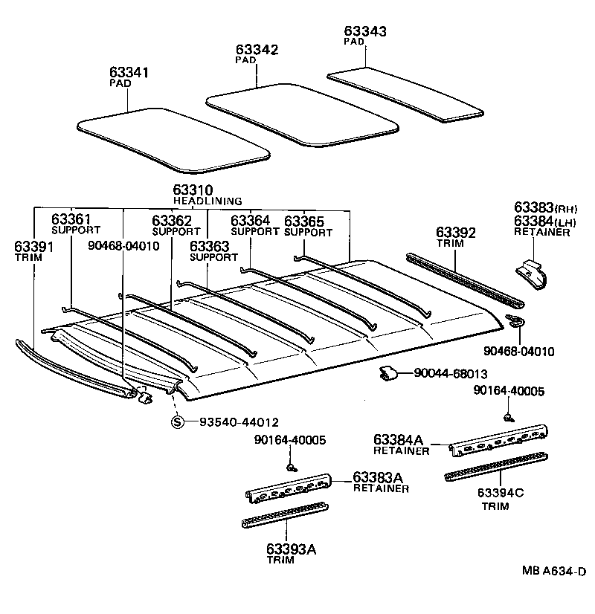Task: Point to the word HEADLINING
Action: [208, 201]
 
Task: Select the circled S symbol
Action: [178, 421]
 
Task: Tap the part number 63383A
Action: [377, 477]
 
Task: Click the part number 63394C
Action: [501, 492]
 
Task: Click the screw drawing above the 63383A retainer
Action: [292, 468]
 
